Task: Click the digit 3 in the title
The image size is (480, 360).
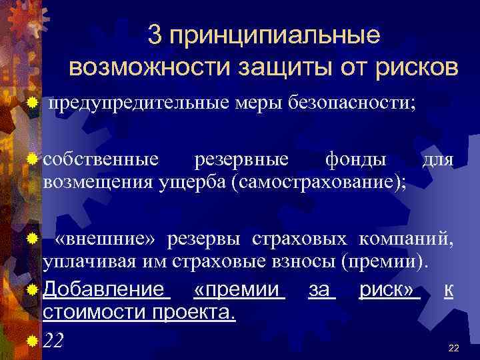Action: click(155, 35)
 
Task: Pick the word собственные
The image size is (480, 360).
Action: click(101, 159)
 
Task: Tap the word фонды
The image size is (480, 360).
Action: click(355, 159)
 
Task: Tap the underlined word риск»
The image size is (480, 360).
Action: click(389, 290)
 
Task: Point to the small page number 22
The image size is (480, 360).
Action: click(455, 348)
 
